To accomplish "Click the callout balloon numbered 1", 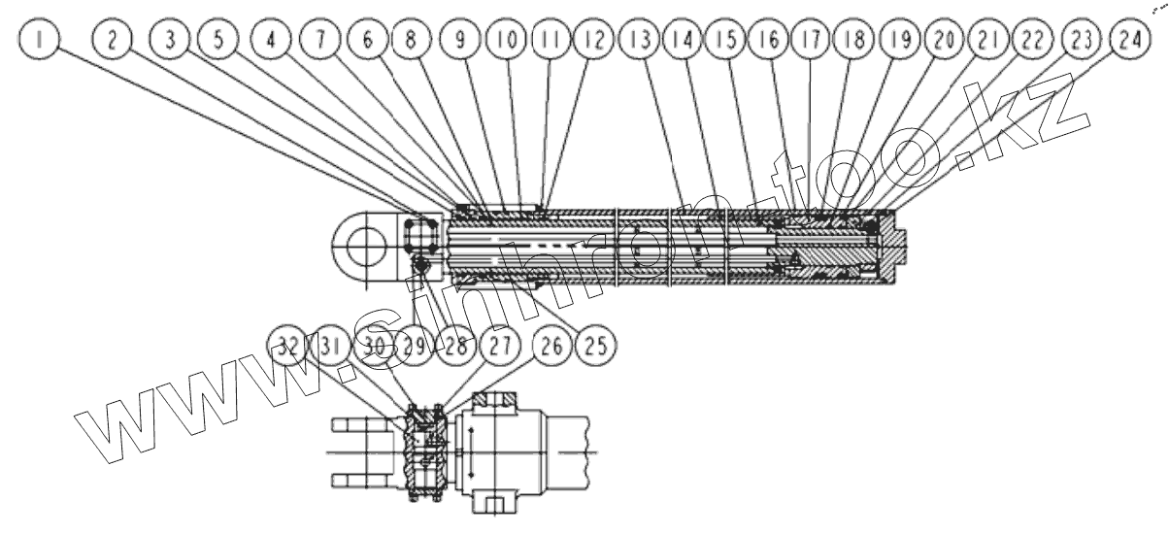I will click(x=39, y=41).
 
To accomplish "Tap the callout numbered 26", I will click(x=552, y=345).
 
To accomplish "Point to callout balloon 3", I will click(x=173, y=41).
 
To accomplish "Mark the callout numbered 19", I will click(x=899, y=41).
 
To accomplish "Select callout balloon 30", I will click(x=373, y=346).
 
